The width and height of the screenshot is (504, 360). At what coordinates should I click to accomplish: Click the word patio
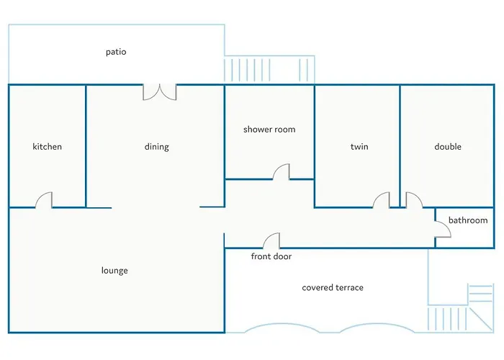tap(116, 52)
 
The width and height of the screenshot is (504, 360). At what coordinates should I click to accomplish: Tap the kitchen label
tap(48, 147)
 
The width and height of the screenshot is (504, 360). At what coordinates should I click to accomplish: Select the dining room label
tap(156, 147)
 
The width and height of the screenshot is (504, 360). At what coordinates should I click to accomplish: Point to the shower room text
tap(269, 130)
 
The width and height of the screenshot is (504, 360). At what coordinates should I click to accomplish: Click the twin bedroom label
tap(359, 147)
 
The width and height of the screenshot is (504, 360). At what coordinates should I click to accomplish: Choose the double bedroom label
tap(448, 147)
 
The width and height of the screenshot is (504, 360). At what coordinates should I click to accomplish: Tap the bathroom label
tap(468, 220)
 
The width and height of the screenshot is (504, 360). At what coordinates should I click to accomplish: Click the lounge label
tap(114, 271)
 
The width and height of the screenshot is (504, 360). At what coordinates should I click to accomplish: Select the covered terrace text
tap(333, 287)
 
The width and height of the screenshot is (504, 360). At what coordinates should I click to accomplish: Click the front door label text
tap(271, 256)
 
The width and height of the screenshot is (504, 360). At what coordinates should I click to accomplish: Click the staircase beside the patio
tap(269, 70)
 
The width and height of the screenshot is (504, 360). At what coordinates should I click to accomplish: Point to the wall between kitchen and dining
tap(86, 146)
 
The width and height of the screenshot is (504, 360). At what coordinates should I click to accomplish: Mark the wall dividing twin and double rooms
tap(400, 146)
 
